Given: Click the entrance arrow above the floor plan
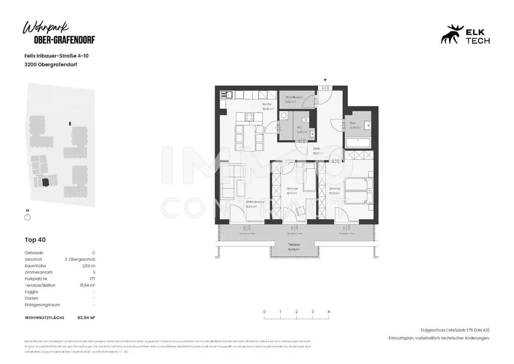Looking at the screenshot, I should point(325,80).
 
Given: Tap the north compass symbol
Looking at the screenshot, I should point(28,217).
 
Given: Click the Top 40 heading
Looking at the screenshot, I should point(35,239).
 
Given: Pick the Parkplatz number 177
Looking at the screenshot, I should point(92,279).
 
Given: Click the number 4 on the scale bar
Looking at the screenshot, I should point(328,312).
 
